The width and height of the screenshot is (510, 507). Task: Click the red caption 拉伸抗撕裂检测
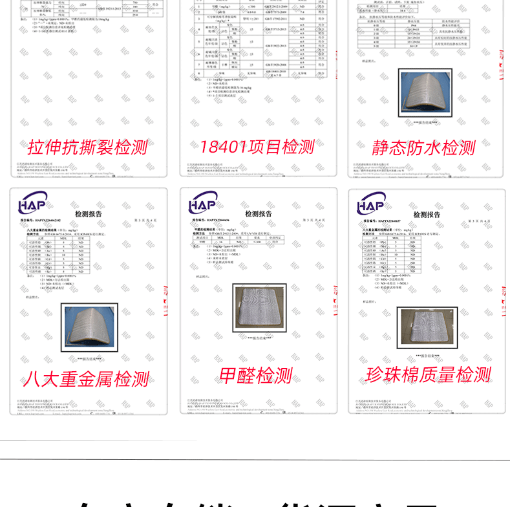pyautogui.click(x=88, y=147)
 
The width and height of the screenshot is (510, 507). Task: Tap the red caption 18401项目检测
pyautogui.click(x=257, y=147)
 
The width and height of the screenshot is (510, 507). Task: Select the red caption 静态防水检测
pyautogui.click(x=423, y=147)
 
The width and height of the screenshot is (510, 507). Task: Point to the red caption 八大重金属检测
pyautogui.click(x=88, y=378)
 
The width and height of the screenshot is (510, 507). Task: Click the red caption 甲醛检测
pyautogui.click(x=256, y=376)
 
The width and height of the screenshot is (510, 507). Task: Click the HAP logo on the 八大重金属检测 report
pyautogui.click(x=32, y=203)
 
